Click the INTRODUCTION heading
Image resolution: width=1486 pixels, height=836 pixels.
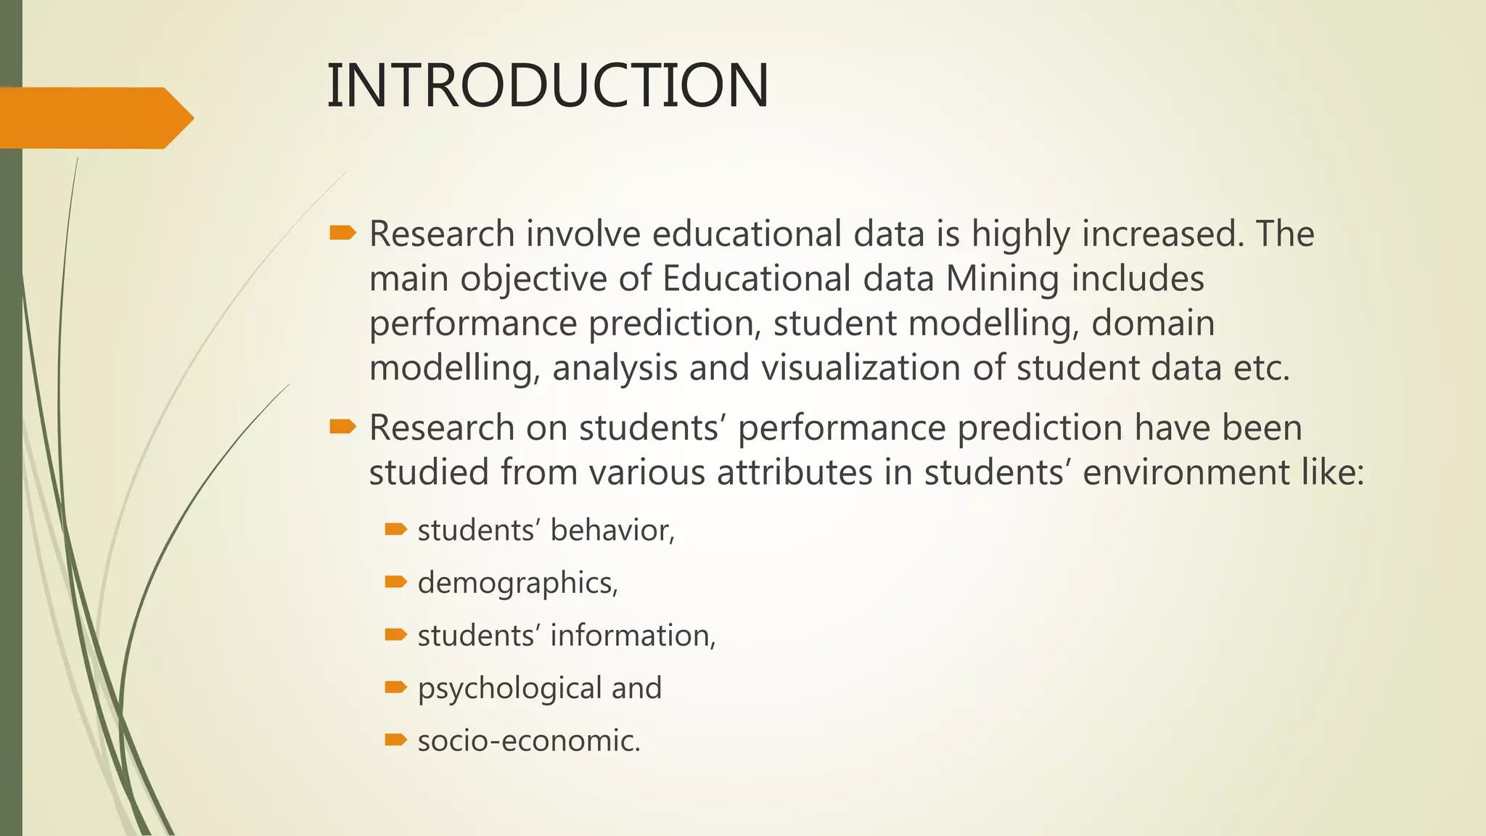pos(548,86)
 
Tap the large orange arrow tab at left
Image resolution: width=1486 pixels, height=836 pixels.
pos(94,118)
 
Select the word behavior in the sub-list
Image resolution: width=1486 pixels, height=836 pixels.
pos(612,530)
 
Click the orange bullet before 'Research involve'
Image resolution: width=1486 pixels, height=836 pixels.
pos(342,233)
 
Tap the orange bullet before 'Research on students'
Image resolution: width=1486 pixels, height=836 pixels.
pos(342,427)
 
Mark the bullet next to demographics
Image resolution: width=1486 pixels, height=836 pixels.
pos(395,581)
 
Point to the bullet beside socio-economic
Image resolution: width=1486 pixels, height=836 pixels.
pos(395,739)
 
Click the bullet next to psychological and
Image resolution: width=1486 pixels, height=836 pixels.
pos(395,687)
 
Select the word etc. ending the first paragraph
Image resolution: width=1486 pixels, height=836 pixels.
pos(1262,367)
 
